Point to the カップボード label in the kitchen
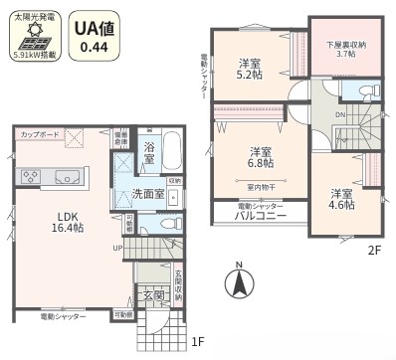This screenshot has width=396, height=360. pos(39,134)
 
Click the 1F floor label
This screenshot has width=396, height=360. pos(199,343)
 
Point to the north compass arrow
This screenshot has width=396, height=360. pos(239,282)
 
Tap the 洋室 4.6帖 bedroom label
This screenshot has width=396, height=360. pos(343,200)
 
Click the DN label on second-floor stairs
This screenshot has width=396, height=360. pos(340,116)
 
